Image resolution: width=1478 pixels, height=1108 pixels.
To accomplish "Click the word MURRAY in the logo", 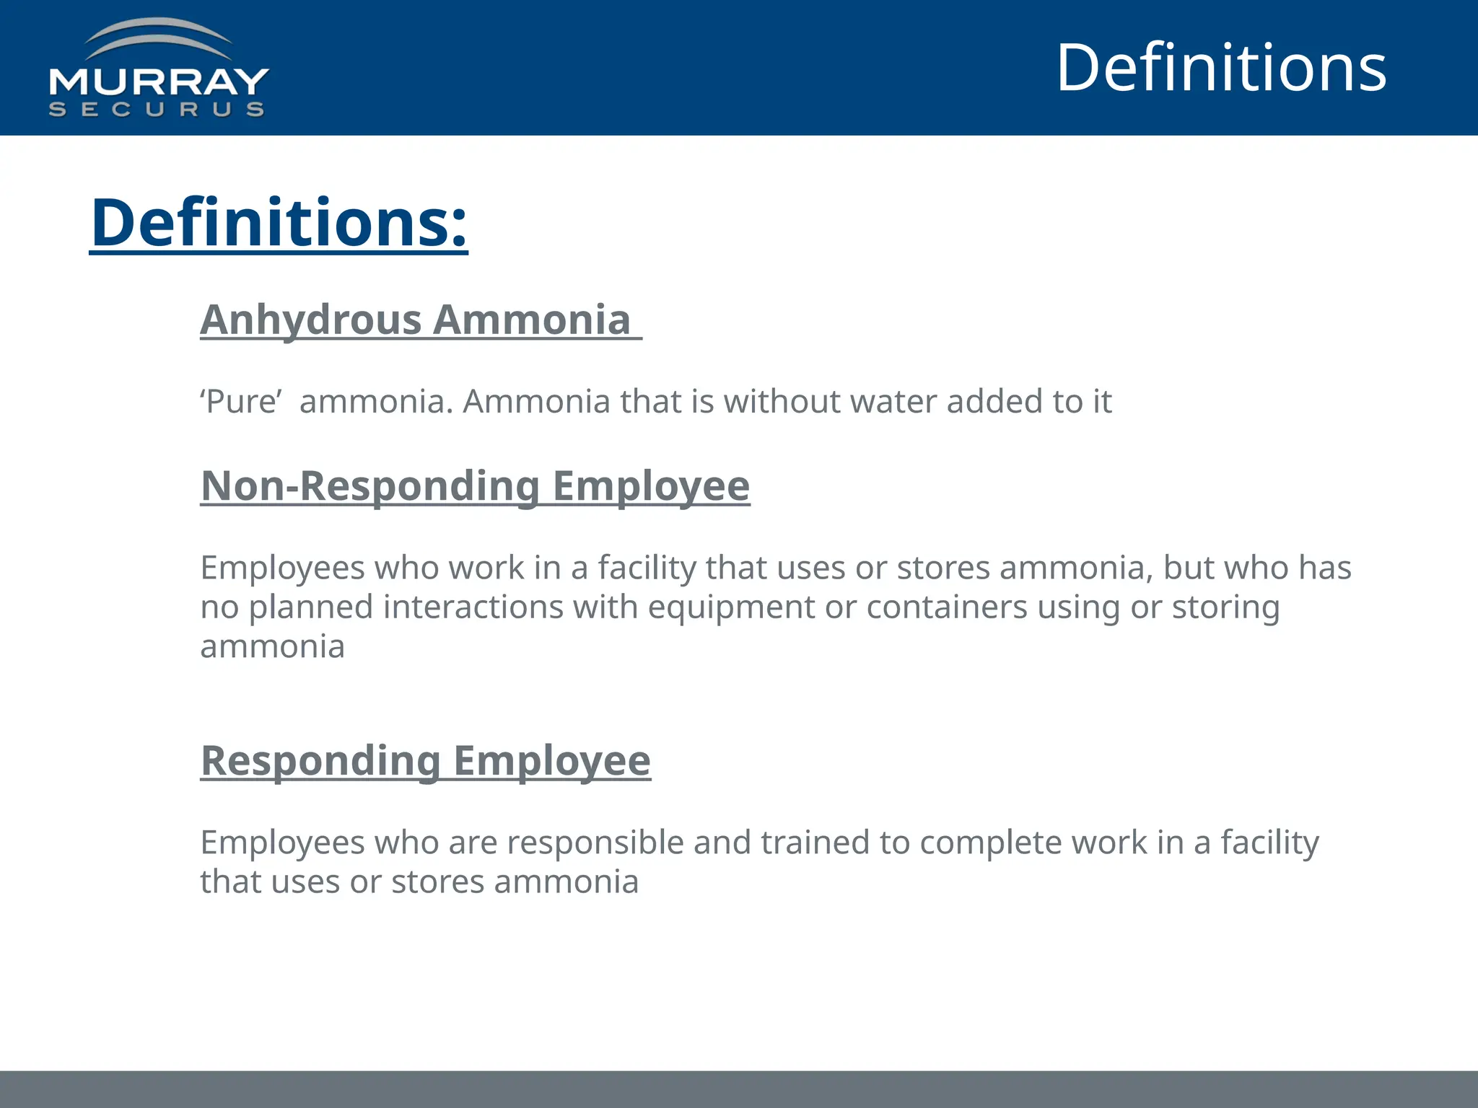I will pyautogui.click(x=159, y=82).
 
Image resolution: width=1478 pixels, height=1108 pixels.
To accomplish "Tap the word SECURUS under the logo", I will pyautogui.click(x=157, y=110).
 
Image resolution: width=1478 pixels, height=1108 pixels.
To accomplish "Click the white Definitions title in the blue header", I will pyautogui.click(x=1221, y=68).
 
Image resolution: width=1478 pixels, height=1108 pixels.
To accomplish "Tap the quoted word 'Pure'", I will pyautogui.click(x=241, y=402).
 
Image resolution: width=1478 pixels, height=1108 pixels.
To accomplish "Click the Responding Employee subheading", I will pyautogui.click(x=426, y=761).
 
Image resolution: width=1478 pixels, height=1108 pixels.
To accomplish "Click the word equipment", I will pyautogui.click(x=731, y=607).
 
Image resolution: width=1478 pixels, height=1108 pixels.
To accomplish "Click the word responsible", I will pyautogui.click(x=595, y=843).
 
